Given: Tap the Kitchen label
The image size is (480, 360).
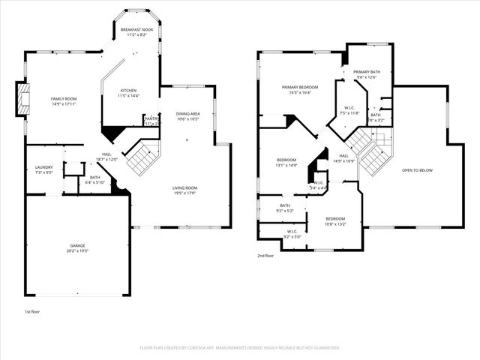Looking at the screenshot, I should [129, 93].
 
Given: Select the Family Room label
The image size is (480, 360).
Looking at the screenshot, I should [64, 101].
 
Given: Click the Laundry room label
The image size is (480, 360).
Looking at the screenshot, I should [43, 169].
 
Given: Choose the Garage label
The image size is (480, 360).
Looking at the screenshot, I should [78, 248].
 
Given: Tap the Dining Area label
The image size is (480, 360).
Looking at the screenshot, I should [187, 116].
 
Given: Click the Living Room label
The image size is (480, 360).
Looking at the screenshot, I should [184, 190].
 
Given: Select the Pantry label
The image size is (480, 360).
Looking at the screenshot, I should [151, 120].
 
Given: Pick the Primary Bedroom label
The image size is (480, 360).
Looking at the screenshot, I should [301, 90].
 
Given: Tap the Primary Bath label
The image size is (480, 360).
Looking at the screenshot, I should [366, 74].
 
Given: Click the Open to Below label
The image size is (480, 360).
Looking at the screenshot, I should [418, 170].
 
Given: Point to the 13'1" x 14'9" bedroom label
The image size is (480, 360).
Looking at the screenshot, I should [286, 163].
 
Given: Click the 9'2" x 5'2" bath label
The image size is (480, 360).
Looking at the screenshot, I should [285, 208].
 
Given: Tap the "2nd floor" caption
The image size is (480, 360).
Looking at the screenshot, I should [265, 256].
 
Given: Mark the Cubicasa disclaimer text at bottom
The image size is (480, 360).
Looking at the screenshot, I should [240, 347].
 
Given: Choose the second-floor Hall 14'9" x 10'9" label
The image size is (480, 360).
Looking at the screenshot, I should [343, 158].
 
